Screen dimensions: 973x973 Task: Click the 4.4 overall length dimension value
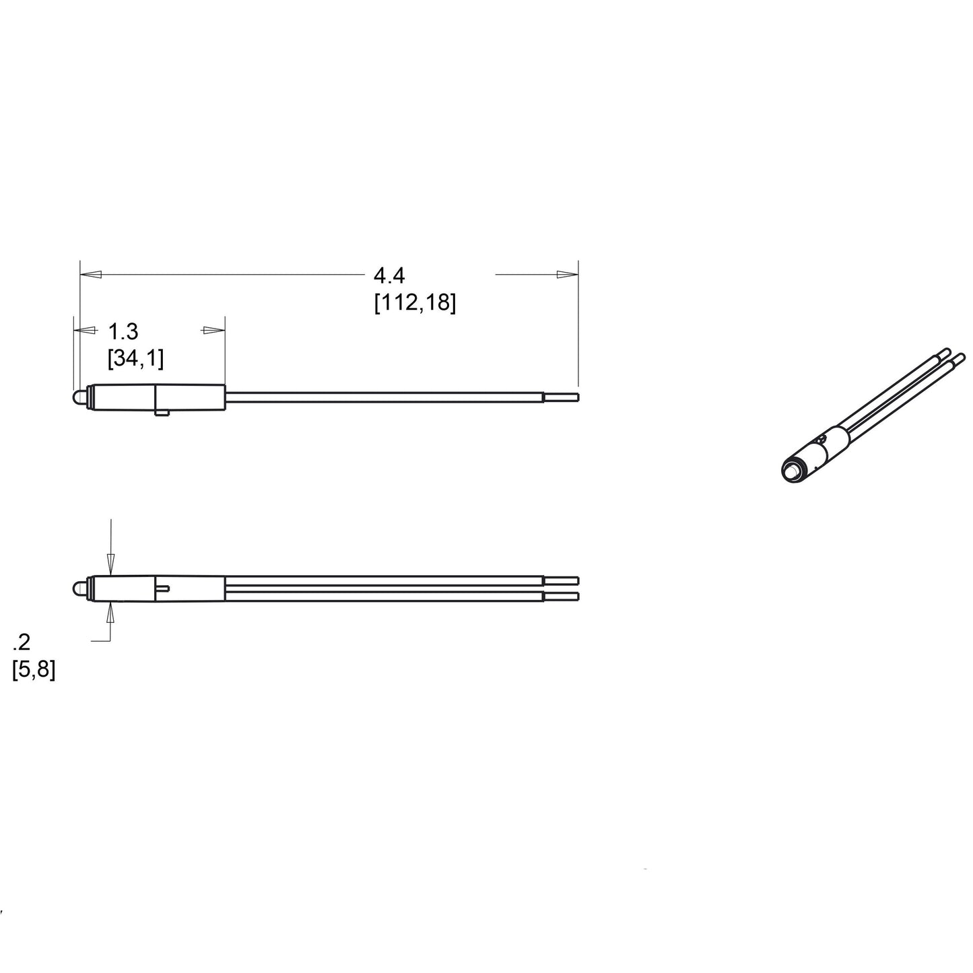(389, 275)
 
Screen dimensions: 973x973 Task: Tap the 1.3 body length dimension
(123, 331)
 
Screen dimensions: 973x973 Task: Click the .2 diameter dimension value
(22, 642)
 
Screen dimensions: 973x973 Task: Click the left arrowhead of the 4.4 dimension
(91, 275)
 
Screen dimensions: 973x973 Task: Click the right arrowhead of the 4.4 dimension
(567, 275)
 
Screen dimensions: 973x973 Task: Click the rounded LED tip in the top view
(77, 398)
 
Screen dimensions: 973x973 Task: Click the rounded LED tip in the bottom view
(77, 589)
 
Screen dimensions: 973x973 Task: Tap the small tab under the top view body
(161, 412)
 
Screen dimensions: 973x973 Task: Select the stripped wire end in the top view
(561, 397)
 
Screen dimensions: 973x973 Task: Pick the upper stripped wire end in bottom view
(561, 580)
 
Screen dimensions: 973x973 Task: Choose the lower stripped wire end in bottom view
(561, 596)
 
